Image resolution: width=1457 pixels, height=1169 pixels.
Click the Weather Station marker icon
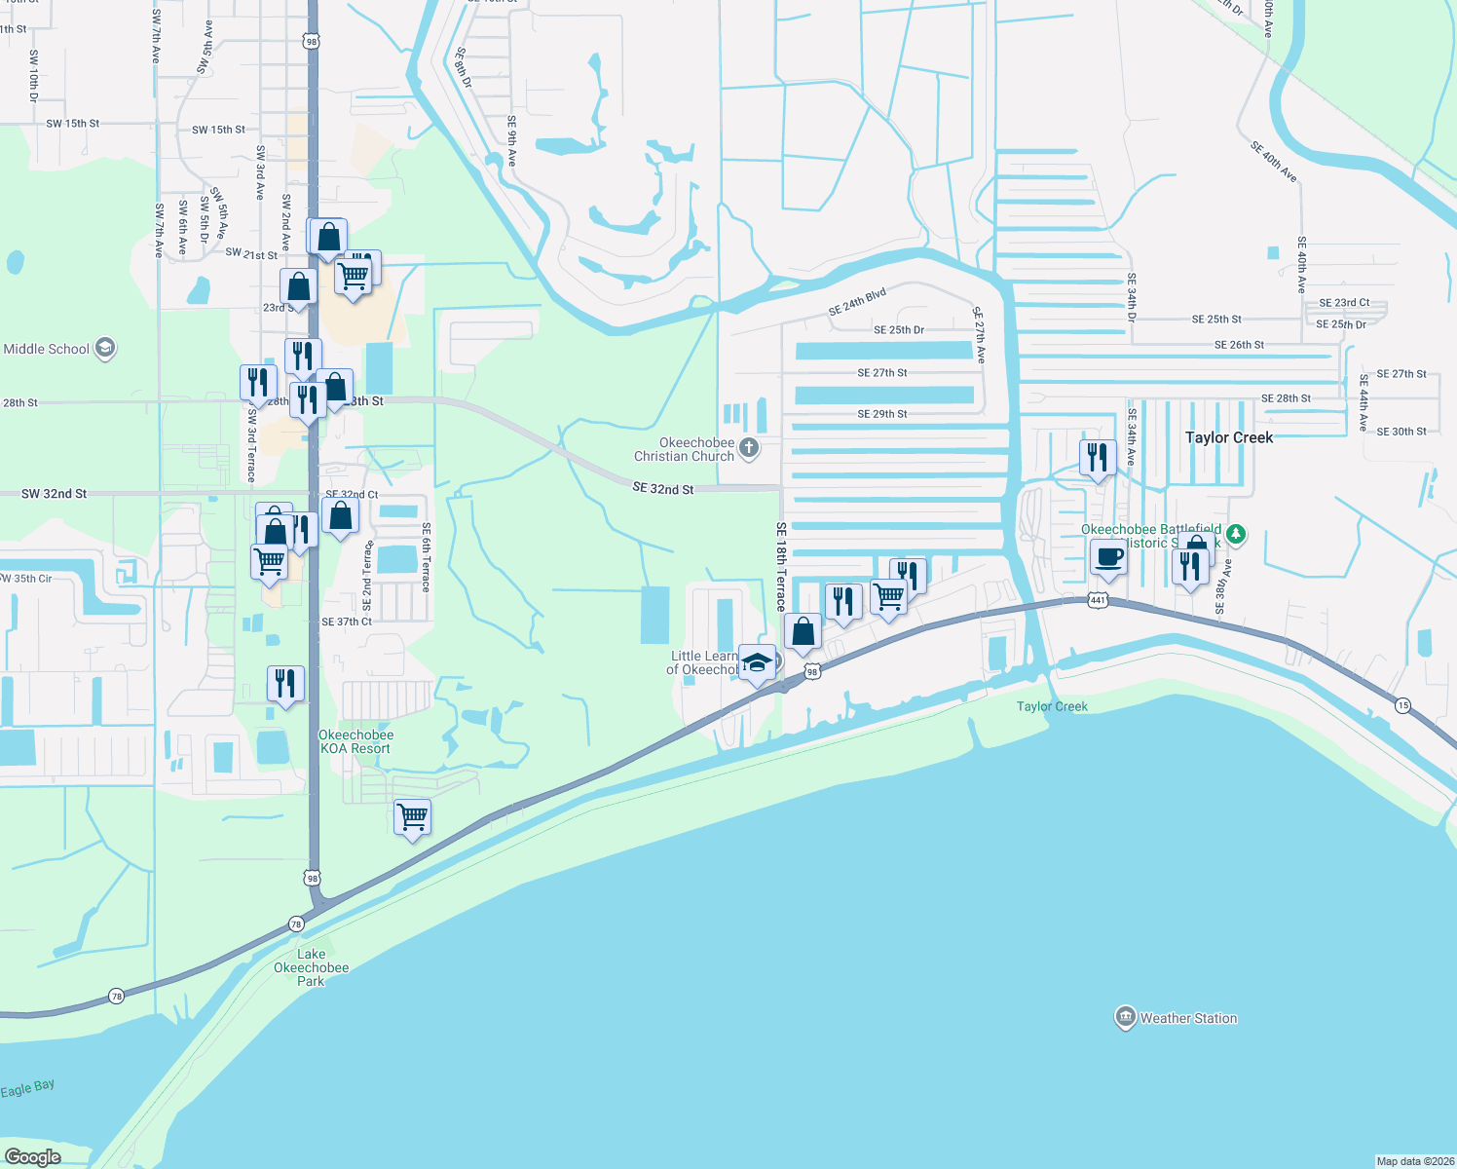point(1125,1017)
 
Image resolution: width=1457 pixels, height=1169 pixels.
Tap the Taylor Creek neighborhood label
point(1228,437)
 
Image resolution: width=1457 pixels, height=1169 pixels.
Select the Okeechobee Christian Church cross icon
point(748,447)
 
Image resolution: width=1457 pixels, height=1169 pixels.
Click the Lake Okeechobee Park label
point(311,967)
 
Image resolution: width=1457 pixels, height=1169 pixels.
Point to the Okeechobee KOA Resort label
point(355,741)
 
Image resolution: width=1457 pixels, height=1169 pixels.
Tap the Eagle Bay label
point(27,1089)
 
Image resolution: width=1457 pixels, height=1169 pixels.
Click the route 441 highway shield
point(1098,600)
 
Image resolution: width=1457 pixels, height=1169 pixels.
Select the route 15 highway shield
point(1401,705)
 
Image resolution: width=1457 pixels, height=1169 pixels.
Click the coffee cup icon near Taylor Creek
point(1108,558)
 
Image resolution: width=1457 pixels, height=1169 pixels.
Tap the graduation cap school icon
point(757,663)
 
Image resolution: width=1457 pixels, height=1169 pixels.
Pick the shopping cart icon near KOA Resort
point(412,815)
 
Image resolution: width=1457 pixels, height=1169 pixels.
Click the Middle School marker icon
point(105,348)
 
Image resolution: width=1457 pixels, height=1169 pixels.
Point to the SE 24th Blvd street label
point(857,301)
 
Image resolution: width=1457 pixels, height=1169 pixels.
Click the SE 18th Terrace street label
point(781,567)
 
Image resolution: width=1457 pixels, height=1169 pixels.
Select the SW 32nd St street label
point(55,494)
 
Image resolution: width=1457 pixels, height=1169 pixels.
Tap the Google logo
point(33,1156)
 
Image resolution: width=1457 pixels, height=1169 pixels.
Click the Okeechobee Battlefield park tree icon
point(1235,533)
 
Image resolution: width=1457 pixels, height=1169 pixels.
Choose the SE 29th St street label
point(882,414)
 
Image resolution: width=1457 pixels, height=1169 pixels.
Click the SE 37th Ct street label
point(347,622)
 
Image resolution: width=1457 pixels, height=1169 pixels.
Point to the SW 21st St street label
point(251,253)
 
